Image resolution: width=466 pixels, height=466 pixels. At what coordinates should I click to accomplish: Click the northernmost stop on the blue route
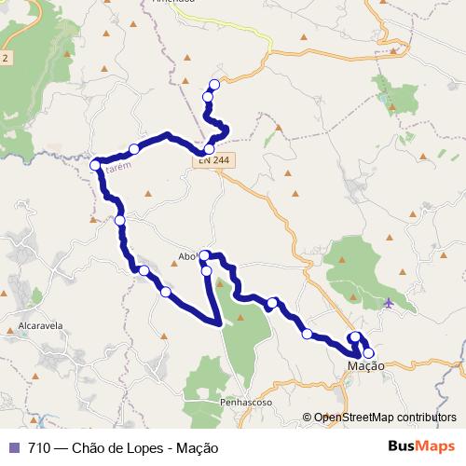(x=214, y=85)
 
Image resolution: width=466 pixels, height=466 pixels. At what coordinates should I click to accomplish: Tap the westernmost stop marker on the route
(x=95, y=166)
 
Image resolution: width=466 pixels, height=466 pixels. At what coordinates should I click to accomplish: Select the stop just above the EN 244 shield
(x=209, y=149)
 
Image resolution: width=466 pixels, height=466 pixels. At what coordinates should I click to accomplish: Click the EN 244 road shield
(x=212, y=161)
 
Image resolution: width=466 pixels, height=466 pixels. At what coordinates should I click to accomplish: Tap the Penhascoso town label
(x=245, y=402)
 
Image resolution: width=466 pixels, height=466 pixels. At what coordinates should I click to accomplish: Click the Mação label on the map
(x=365, y=367)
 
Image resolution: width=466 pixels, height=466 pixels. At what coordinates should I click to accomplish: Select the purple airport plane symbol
(x=389, y=302)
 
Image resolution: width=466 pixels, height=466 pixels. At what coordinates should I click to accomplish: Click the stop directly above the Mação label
(x=368, y=352)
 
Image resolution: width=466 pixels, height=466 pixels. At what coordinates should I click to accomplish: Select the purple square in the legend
(x=13, y=446)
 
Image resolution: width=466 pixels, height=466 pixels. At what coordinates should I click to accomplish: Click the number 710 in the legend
(x=39, y=446)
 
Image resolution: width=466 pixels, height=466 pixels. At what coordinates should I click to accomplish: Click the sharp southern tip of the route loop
(x=219, y=323)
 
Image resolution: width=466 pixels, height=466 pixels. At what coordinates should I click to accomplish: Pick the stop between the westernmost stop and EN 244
(x=134, y=149)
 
